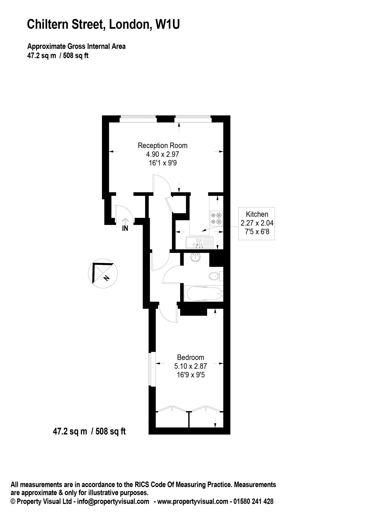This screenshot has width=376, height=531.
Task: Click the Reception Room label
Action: point(163,145)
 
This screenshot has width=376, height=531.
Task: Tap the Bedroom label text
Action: point(191,357)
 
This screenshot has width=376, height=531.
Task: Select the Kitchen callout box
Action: point(257,223)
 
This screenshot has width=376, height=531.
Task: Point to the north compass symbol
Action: point(103,273)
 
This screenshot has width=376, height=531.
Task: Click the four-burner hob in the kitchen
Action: point(216,218)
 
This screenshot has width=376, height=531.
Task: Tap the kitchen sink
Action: point(199,242)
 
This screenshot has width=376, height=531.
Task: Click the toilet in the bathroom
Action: point(214,276)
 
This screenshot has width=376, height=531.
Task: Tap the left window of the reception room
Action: point(138,119)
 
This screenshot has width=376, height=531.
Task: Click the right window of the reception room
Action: point(193,119)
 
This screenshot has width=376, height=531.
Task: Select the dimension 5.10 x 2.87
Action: point(191,366)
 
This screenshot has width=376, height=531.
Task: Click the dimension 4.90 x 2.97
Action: point(163,154)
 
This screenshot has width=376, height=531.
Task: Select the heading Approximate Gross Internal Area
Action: point(76,46)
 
